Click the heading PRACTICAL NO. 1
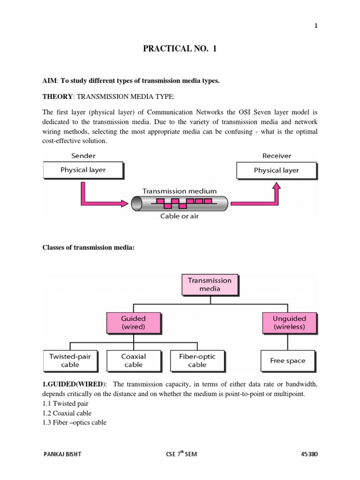pos(180,48)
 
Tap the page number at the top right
pos(316,26)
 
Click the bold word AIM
pos(49,81)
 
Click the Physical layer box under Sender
pos(83,170)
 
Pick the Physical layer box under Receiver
pos(276,171)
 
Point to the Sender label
pos(83,156)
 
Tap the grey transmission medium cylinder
pos(180,203)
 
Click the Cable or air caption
pos(180,216)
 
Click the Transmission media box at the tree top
pos(210,285)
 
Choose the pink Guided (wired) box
pos(134,322)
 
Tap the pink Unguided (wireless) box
pos(289,322)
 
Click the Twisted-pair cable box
pos(70,360)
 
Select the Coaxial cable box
pos(134,360)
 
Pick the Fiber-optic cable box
pos(197,360)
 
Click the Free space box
pos(287,360)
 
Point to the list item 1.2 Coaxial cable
pos(67,413)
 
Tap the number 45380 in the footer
pos(309,454)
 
